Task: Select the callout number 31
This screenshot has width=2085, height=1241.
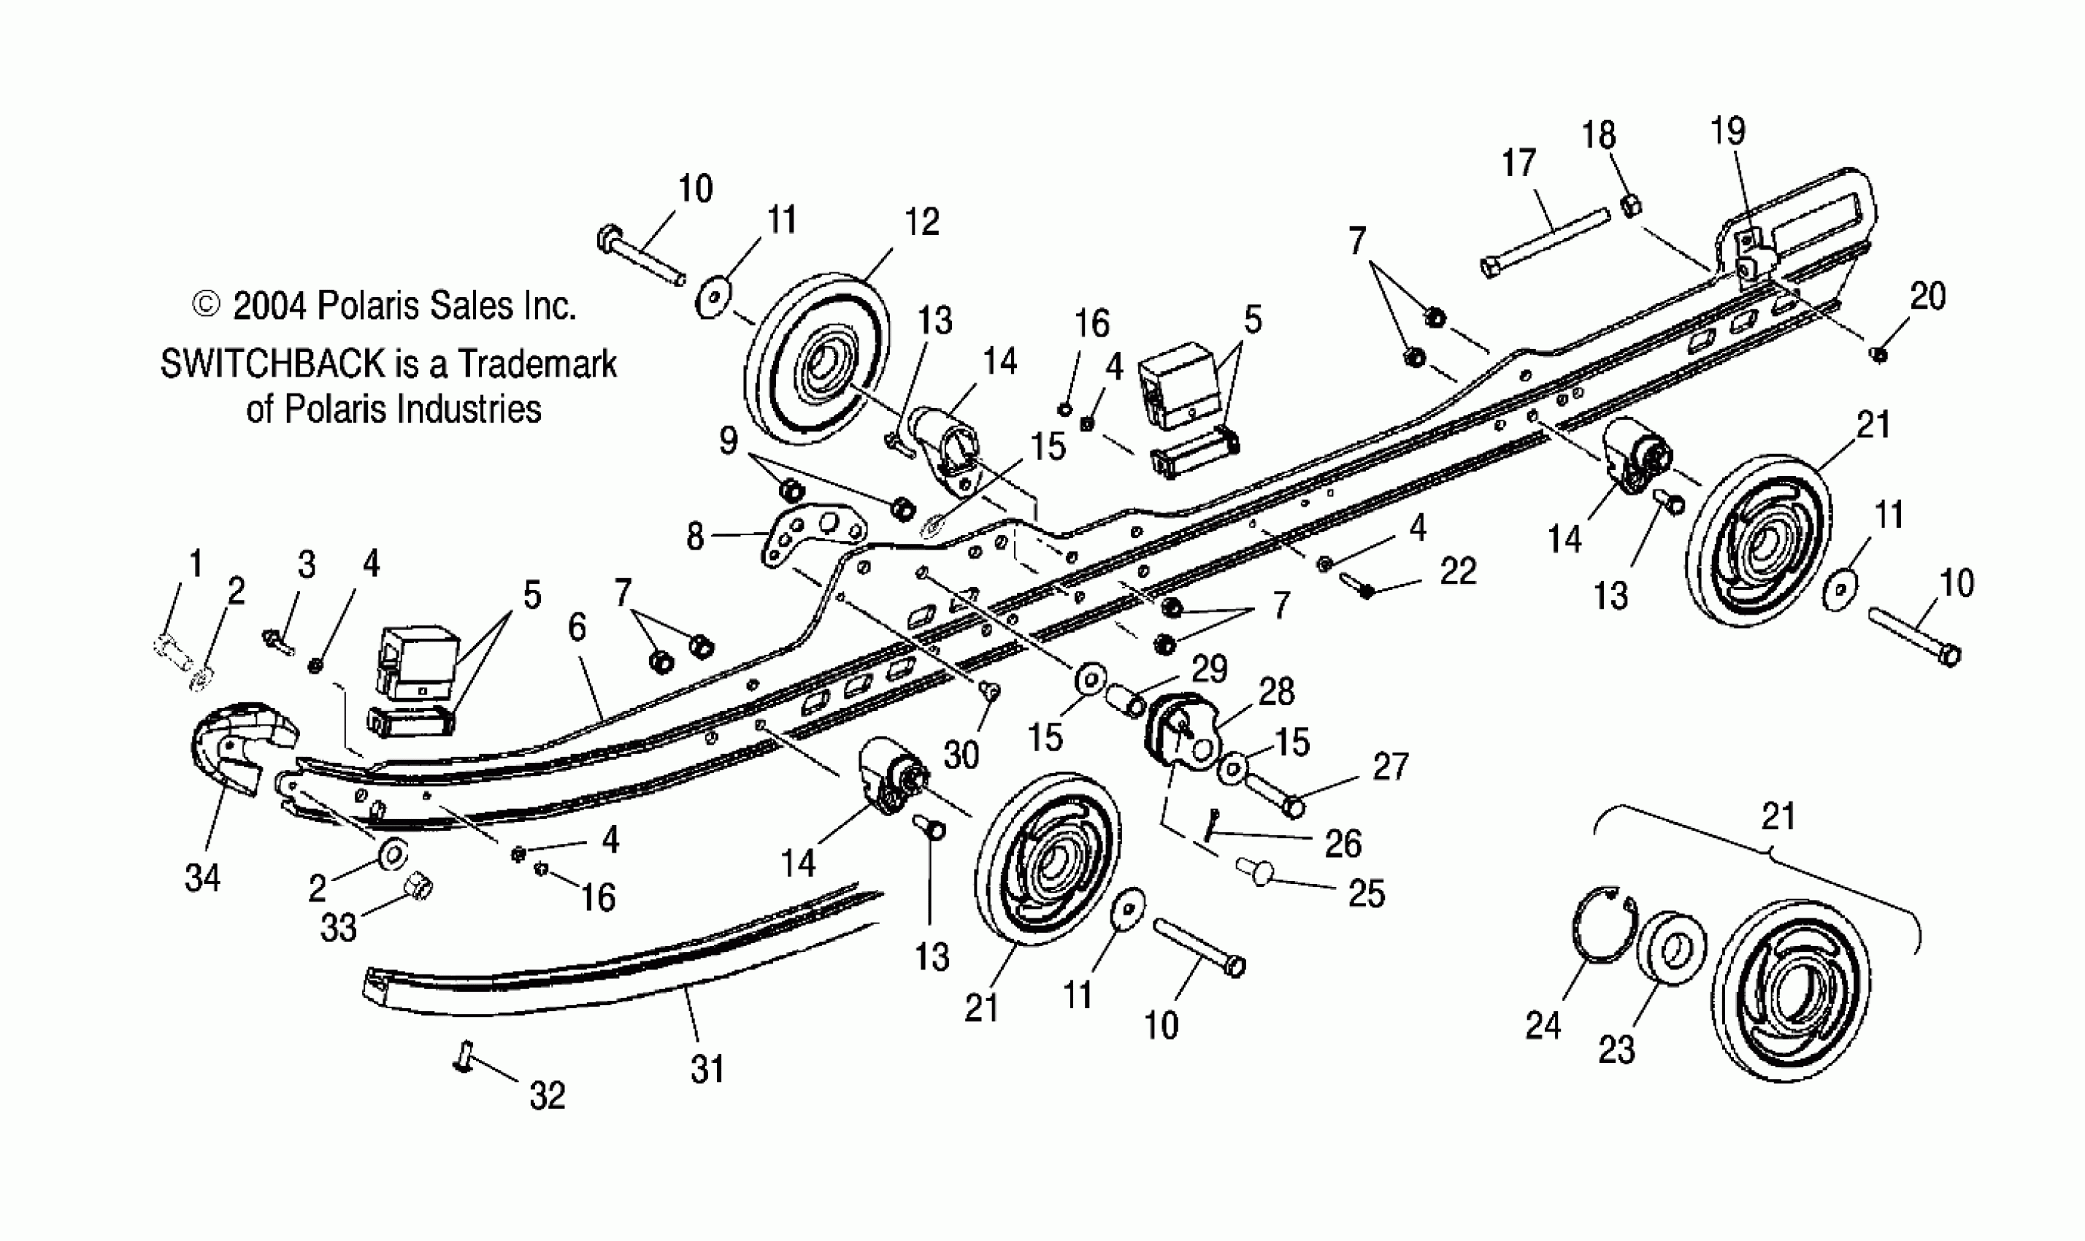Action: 707,1069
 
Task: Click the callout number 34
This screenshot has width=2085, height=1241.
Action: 202,878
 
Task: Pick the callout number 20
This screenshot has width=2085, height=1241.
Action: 1929,296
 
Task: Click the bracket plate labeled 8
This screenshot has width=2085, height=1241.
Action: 811,536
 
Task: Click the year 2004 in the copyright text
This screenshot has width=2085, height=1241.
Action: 268,307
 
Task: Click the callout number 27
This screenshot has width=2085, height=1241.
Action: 1391,766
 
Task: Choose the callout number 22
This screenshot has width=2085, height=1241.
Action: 1458,572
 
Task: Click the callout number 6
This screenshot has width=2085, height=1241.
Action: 577,627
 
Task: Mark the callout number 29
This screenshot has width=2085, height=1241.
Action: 1210,669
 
